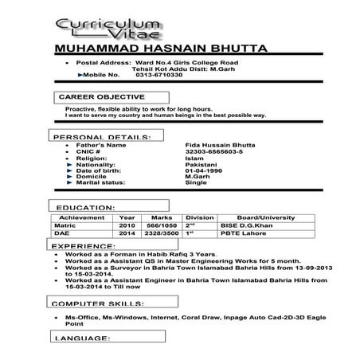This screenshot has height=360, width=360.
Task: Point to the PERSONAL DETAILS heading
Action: coord(103,137)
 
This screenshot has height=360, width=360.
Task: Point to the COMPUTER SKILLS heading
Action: coord(98,304)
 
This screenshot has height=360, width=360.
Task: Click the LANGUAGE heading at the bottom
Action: coord(82,339)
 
